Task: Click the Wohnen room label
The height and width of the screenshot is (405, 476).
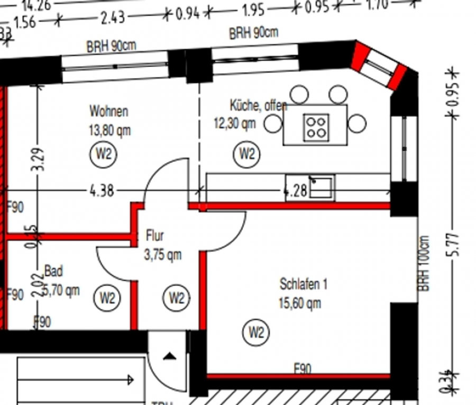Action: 108,112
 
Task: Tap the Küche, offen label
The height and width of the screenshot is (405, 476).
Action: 258,105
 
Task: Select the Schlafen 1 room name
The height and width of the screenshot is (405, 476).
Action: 304,284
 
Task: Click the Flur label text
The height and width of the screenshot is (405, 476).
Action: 154,236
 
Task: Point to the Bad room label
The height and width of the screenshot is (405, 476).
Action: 53,272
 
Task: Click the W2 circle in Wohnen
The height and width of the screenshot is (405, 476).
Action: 103,155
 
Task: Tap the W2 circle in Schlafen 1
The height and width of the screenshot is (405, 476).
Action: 256,333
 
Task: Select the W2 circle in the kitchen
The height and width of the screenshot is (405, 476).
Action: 247,154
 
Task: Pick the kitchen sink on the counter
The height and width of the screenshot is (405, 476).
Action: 321,187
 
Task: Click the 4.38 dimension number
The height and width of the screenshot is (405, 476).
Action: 101,191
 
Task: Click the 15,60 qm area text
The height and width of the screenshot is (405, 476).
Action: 300,303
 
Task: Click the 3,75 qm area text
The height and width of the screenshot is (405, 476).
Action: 162,255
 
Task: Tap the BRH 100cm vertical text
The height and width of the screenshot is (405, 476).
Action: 424,263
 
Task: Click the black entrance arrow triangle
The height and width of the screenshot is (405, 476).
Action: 169,356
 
